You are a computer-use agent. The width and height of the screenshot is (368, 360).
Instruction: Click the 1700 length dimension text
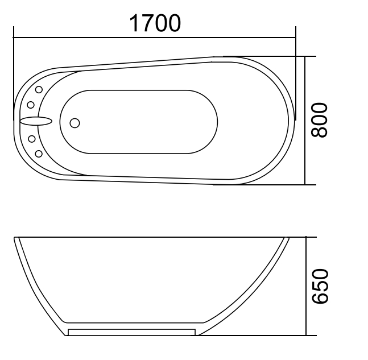pyautogui.click(x=155, y=23)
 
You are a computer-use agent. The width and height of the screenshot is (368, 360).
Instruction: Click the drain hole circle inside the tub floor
pyautogui.click(x=75, y=122)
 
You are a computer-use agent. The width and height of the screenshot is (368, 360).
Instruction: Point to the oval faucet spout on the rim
pyautogui.click(x=35, y=121)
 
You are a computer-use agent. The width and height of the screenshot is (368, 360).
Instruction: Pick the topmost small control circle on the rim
pyautogui.click(x=39, y=90)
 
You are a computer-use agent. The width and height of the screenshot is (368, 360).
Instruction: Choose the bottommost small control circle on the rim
pyautogui.click(x=39, y=152)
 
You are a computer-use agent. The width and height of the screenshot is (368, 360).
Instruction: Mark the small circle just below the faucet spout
pyautogui.click(x=31, y=138)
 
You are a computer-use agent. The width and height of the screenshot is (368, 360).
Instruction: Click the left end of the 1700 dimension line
pyautogui.click(x=14, y=38)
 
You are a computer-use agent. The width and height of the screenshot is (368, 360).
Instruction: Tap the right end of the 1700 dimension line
pyautogui.click(x=296, y=38)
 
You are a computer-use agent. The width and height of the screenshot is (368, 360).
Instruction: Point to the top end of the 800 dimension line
pyautogui.click(x=306, y=56)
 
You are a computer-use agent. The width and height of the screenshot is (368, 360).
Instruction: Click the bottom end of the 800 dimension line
pyautogui.click(x=306, y=185)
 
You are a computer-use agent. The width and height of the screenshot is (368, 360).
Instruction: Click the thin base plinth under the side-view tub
pyautogui.click(x=132, y=332)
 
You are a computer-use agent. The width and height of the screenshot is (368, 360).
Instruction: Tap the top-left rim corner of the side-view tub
pyautogui.click(x=15, y=238)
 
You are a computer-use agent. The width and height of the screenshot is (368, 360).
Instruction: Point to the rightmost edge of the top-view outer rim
pyautogui.click(x=296, y=121)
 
